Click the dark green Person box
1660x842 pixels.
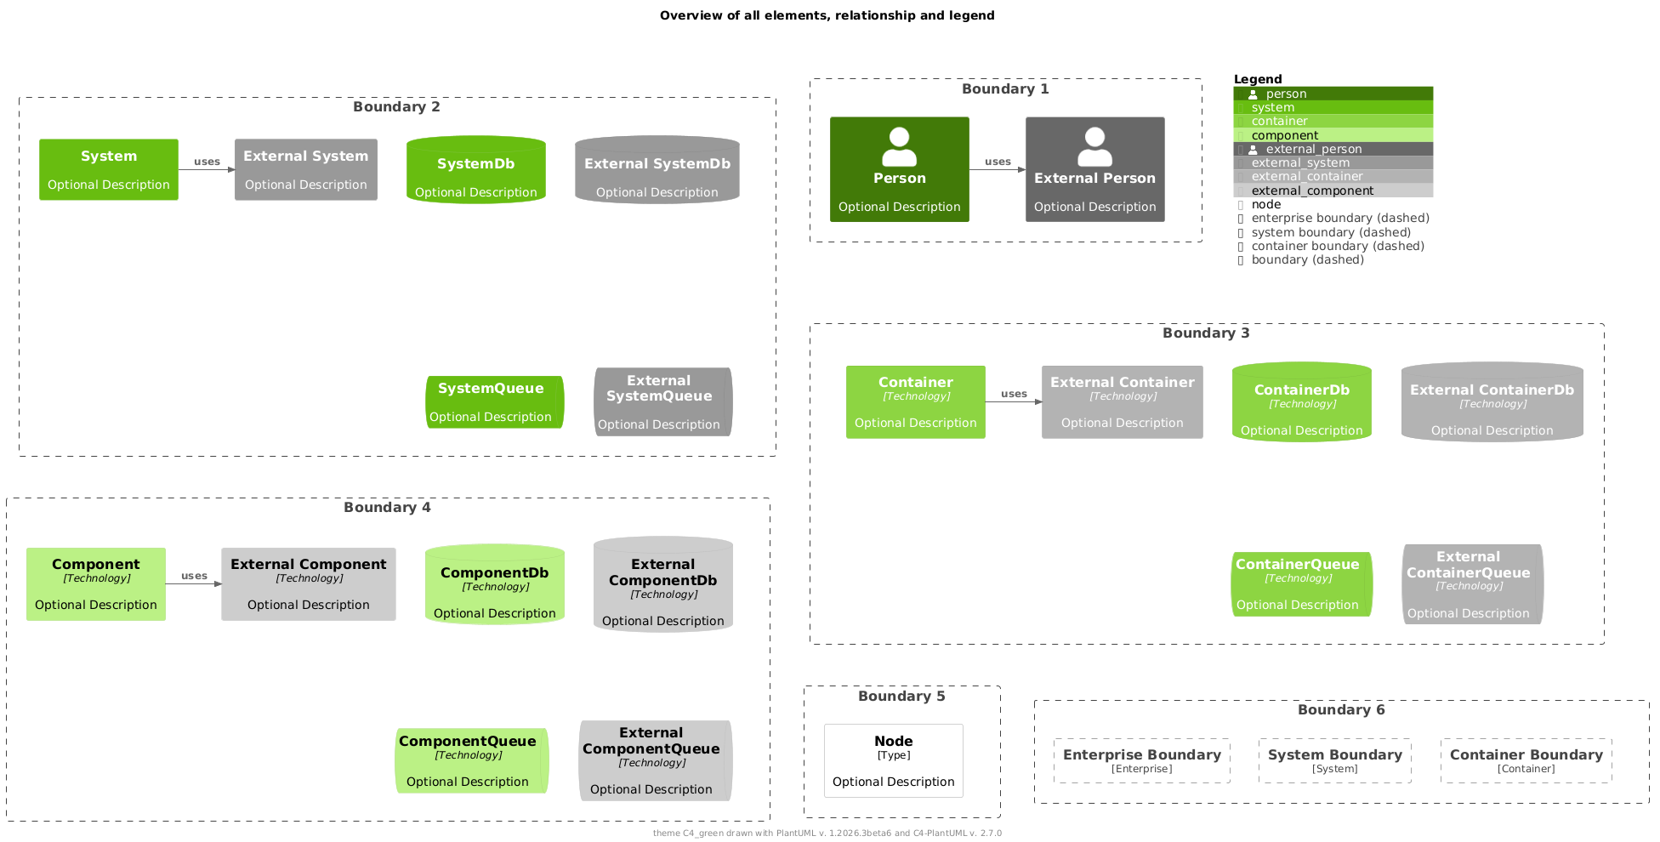[899, 169]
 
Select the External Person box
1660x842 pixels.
[1094, 169]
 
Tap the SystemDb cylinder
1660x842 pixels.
[475, 170]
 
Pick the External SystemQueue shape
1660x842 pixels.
[662, 401]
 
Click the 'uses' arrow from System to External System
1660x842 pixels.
[207, 169]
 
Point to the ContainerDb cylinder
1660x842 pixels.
[1301, 402]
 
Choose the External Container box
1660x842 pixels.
[1122, 402]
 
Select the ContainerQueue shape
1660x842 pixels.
[1300, 584]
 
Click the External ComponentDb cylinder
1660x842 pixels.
[662, 584]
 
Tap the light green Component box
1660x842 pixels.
[96, 584]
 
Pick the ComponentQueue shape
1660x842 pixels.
[471, 760]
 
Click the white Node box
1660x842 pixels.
[893, 760]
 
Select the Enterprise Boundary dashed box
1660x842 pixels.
[1141, 760]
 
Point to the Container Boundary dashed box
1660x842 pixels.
[1526, 760]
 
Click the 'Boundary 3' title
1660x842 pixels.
[1206, 333]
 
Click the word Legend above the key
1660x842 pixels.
[1258, 79]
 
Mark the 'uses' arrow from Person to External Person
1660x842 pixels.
[998, 169]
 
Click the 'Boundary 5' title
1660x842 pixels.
[901, 696]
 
